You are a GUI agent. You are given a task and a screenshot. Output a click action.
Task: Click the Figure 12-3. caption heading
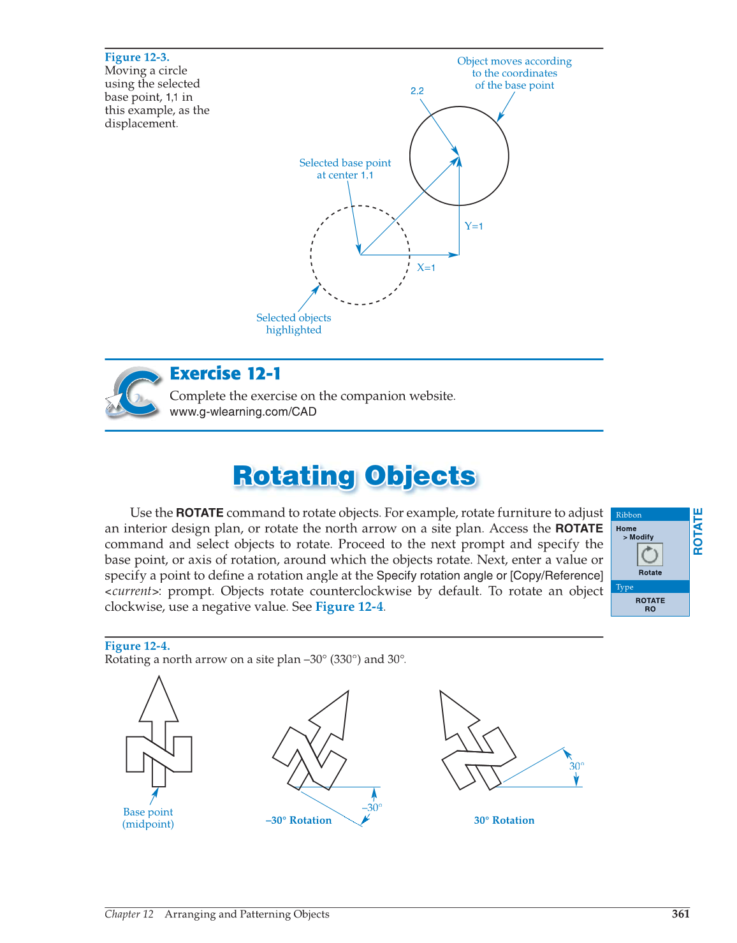coord(137,57)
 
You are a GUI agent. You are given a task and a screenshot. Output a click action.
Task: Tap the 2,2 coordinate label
coord(417,91)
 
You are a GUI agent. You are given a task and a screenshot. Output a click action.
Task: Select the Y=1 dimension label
coord(474,226)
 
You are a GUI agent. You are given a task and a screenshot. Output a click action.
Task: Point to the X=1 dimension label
coord(426,268)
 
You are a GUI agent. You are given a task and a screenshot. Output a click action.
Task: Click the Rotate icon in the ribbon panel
coord(650,555)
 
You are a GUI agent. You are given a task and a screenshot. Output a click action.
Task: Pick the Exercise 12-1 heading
coord(225,374)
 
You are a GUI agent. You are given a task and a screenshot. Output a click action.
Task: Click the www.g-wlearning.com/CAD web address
coord(243,412)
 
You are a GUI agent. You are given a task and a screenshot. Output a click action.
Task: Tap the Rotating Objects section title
coord(354,476)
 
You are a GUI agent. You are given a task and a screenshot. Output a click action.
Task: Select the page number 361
coord(680,914)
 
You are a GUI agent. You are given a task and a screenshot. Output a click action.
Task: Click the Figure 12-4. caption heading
coord(137,646)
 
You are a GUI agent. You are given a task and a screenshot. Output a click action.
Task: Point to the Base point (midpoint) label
coord(148,818)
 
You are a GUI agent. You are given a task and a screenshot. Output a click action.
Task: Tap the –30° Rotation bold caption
coord(298,821)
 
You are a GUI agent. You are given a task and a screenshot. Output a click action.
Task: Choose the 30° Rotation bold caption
coord(504,821)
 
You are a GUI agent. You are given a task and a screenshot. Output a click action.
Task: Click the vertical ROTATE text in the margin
coord(698,531)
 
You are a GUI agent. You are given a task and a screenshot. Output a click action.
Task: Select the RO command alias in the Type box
coord(650,610)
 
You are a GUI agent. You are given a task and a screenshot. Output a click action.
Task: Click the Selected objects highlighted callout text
coord(294,324)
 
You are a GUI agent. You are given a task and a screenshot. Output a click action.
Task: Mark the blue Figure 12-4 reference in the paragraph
coord(349,607)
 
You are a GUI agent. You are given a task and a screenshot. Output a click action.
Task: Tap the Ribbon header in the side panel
coord(629,515)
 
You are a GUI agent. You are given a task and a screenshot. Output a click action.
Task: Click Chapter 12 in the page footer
coord(129,914)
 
